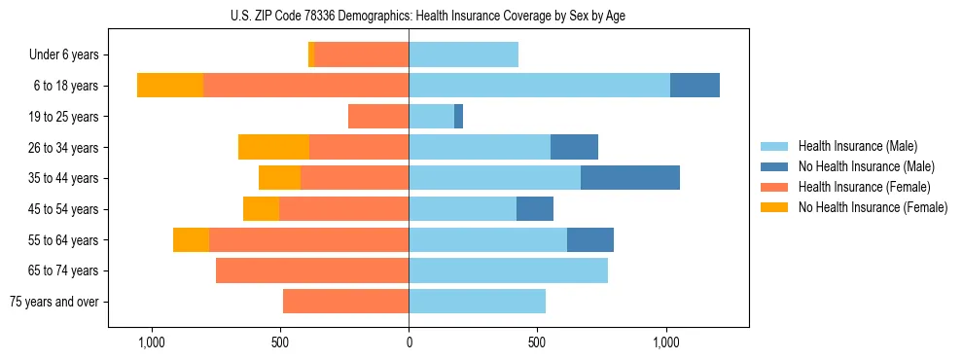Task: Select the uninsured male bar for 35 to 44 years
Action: (629, 178)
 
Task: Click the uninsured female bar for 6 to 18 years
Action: (170, 86)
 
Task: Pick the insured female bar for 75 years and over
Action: (345, 302)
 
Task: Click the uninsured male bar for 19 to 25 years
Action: (458, 117)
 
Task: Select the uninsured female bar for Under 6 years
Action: (311, 54)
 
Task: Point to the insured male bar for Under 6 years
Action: (463, 54)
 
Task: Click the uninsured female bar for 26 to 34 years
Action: (273, 147)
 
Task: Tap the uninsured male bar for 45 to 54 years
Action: (534, 209)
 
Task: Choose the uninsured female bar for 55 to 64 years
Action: (191, 239)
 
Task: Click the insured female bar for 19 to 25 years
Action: (378, 117)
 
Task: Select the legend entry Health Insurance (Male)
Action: (857, 146)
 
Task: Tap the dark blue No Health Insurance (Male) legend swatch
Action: (774, 166)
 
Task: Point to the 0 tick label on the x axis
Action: (409, 343)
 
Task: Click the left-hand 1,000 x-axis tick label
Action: (152, 343)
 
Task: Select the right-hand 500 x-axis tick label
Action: (537, 343)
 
